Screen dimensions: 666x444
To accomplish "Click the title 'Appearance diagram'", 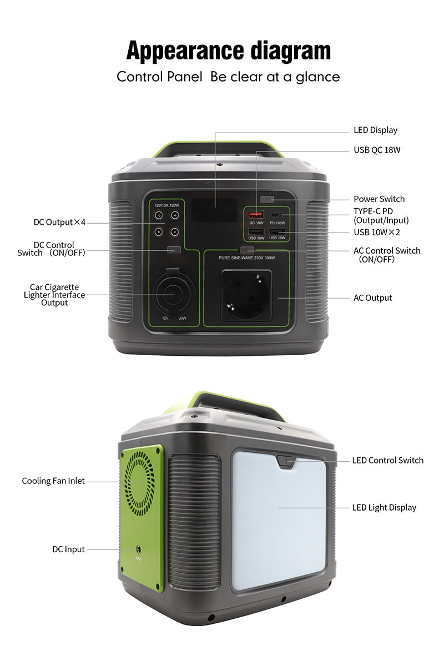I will click(228, 51).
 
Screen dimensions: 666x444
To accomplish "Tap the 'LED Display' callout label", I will click(375, 130).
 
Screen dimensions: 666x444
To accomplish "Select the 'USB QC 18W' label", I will click(377, 150).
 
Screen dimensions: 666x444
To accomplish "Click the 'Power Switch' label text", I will click(379, 199).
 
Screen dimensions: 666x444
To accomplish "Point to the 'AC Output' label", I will click(372, 298).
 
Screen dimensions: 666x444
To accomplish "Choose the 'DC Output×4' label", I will click(59, 223).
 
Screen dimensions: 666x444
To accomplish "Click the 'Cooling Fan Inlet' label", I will click(53, 481).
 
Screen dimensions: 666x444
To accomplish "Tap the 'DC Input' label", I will click(68, 549).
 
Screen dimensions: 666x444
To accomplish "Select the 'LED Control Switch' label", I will click(387, 460).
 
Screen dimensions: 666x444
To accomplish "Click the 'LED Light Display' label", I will click(384, 507).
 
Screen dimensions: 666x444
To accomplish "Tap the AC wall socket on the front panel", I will click(247, 295).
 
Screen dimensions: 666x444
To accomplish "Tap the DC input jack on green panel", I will click(138, 549).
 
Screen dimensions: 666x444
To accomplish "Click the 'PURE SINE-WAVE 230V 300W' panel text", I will click(246, 258).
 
